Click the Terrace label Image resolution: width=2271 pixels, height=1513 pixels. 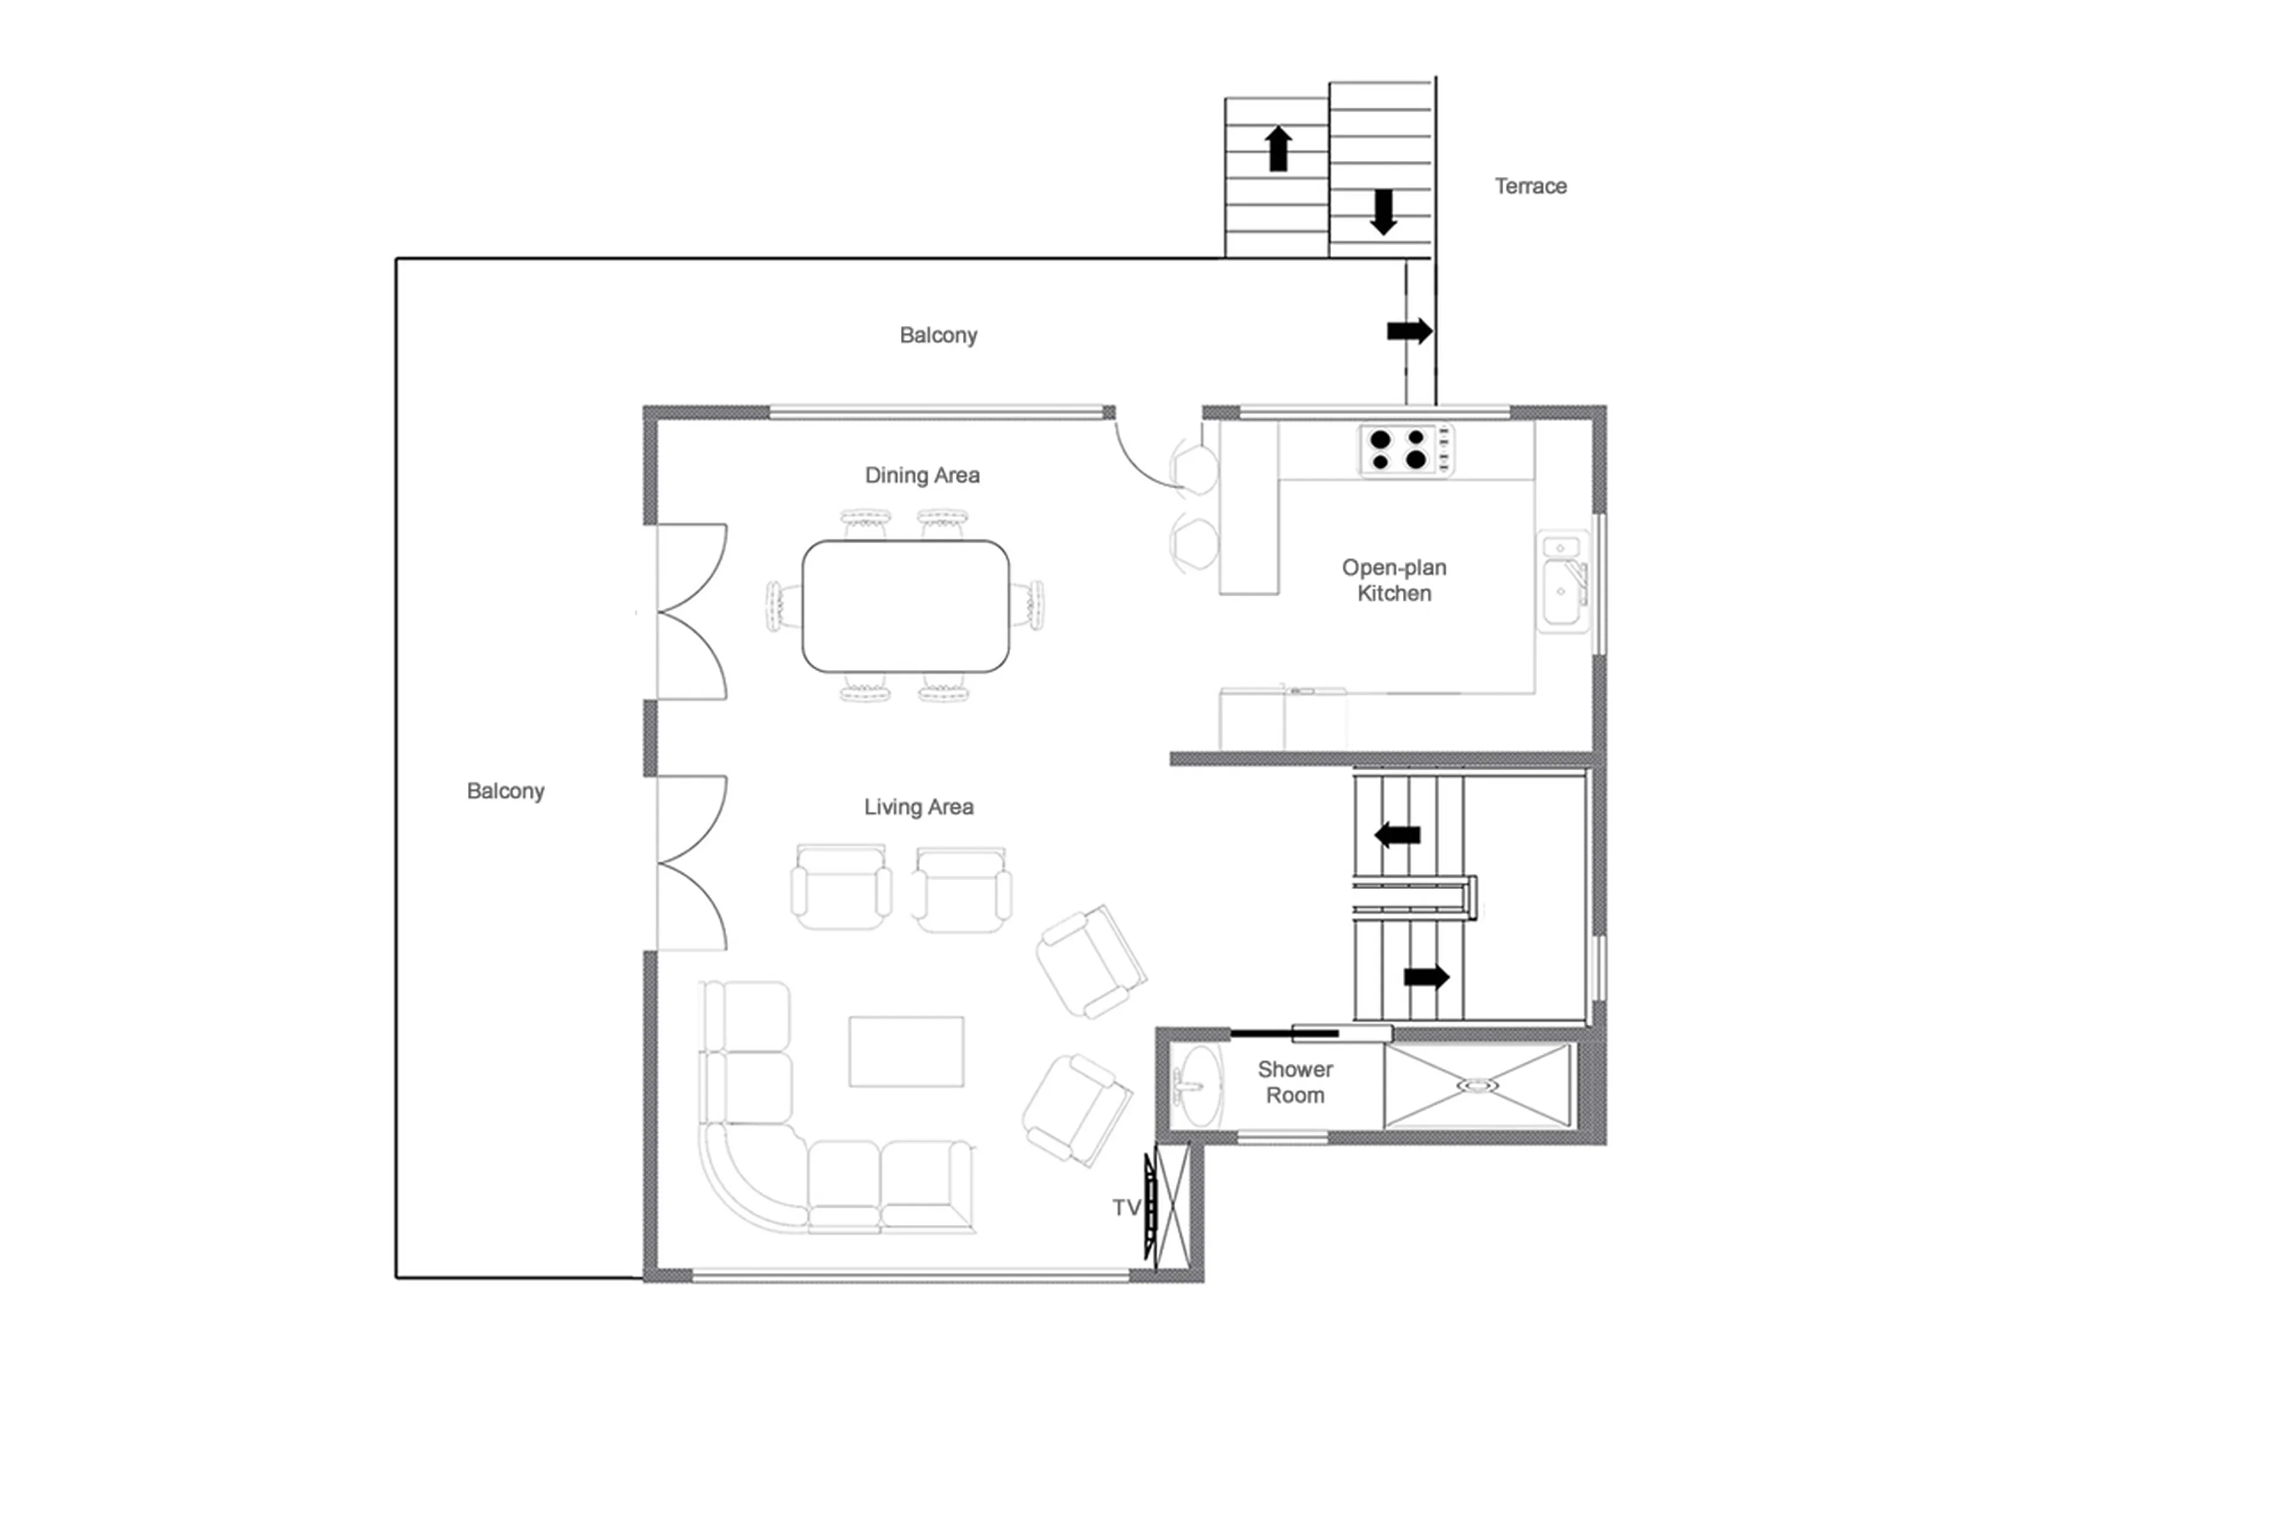[1530, 186]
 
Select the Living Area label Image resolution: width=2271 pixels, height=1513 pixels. [918, 806]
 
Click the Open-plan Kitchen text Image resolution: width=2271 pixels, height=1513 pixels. [1394, 580]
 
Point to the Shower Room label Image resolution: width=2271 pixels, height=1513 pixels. [1294, 1081]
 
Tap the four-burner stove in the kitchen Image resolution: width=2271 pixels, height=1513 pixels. [1405, 450]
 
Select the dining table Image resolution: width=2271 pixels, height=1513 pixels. [905, 606]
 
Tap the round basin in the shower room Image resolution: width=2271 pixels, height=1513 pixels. [1197, 1086]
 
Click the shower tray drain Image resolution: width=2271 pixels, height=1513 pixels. [1477, 1086]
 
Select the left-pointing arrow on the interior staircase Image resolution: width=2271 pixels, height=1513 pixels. [1396, 835]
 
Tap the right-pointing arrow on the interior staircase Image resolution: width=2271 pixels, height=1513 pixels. [1425, 977]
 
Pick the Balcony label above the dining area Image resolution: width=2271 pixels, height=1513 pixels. [938, 335]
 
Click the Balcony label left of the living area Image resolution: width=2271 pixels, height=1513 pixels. [505, 791]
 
